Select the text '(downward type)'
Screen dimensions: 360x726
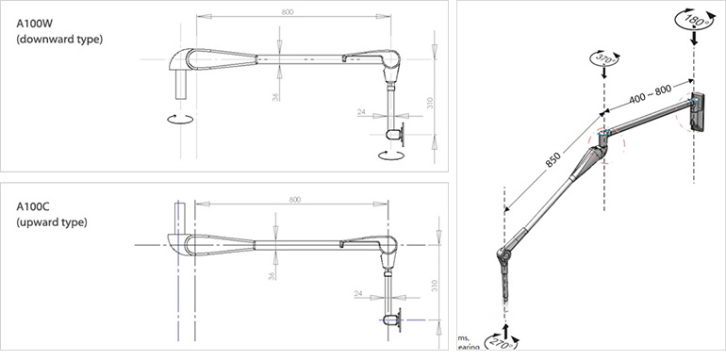click(58, 40)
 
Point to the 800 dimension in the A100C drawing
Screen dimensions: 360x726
click(294, 199)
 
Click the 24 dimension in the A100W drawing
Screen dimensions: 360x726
click(361, 112)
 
